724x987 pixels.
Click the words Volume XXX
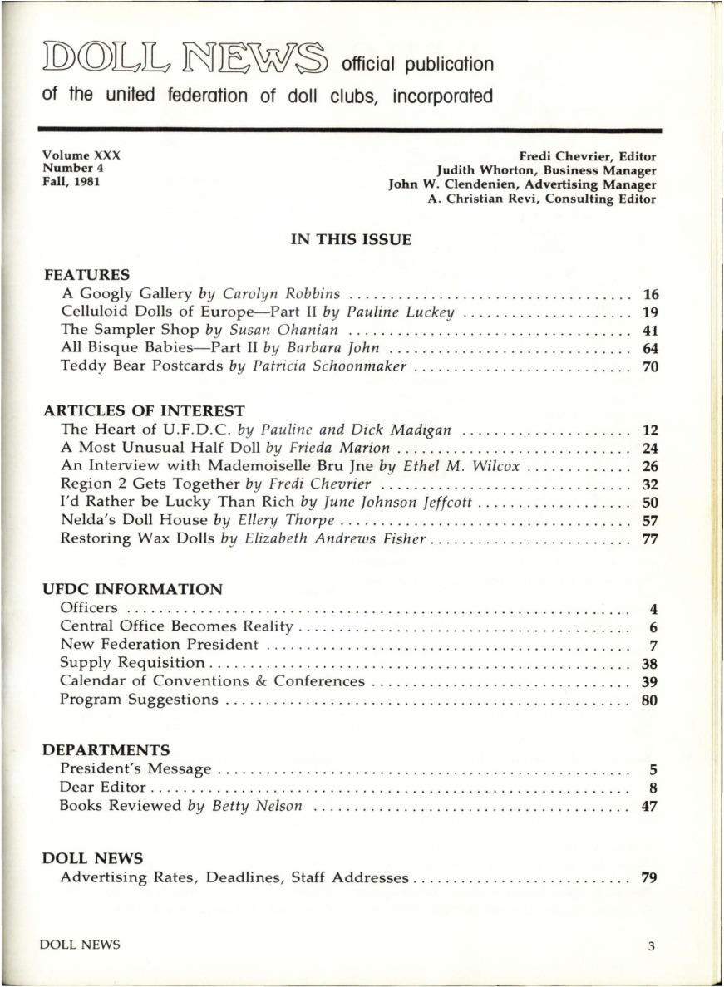(82, 155)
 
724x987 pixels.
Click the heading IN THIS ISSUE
(350, 240)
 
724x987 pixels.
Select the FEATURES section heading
(86, 273)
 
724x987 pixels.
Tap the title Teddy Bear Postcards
(143, 366)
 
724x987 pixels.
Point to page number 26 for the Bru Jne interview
(651, 466)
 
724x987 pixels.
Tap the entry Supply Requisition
(132, 662)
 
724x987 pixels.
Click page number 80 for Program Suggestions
(651, 699)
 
